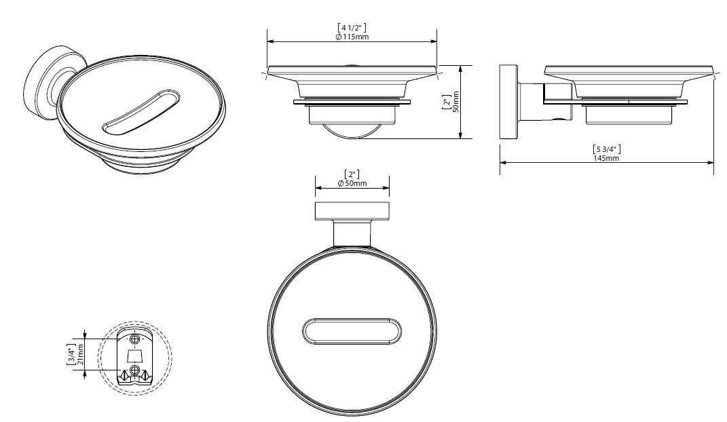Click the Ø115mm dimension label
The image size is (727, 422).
tap(352, 37)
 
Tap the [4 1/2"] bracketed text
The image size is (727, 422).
tap(352, 28)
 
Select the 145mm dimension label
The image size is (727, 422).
tap(606, 158)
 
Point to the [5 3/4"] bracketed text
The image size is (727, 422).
tap(606, 149)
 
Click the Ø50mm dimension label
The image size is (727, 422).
tap(352, 183)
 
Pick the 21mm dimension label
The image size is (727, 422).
tap(81, 354)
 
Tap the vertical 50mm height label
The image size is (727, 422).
tap(455, 102)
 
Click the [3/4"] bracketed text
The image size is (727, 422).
tap(71, 354)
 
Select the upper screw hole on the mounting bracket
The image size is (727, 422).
tap(134, 339)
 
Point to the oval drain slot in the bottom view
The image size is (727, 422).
tap(352, 332)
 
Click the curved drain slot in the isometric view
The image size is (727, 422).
tap(141, 111)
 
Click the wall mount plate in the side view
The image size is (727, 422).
tap(508, 102)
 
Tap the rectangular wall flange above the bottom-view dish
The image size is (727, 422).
tap(352, 211)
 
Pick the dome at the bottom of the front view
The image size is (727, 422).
tap(352, 131)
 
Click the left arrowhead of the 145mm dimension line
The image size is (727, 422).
tap(504, 163)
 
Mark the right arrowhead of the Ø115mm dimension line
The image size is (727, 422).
tap(433, 41)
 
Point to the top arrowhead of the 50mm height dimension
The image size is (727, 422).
tap(460, 69)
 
